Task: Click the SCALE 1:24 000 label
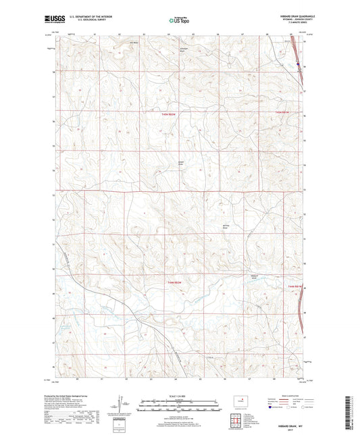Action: click(179, 398)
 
